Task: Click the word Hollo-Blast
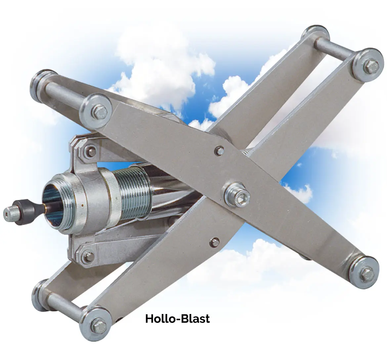click(x=177, y=319)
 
